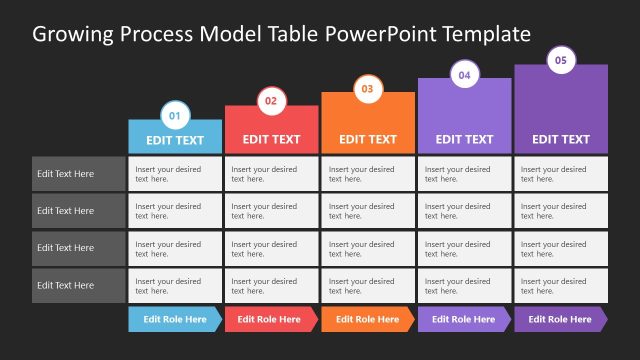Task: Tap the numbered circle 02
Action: click(x=271, y=102)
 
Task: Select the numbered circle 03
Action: click(x=368, y=89)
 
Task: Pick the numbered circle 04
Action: click(x=464, y=75)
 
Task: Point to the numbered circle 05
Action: click(x=560, y=61)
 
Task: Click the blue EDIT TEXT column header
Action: click(x=175, y=140)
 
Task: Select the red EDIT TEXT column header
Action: click(x=271, y=139)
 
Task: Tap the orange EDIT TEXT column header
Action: click(x=368, y=139)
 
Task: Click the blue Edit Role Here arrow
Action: click(x=175, y=319)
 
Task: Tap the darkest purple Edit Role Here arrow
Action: click(x=560, y=319)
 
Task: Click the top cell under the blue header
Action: click(x=175, y=174)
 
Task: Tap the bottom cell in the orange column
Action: click(x=368, y=285)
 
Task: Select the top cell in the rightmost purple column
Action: click(x=560, y=174)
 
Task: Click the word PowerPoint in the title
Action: click(x=375, y=34)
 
